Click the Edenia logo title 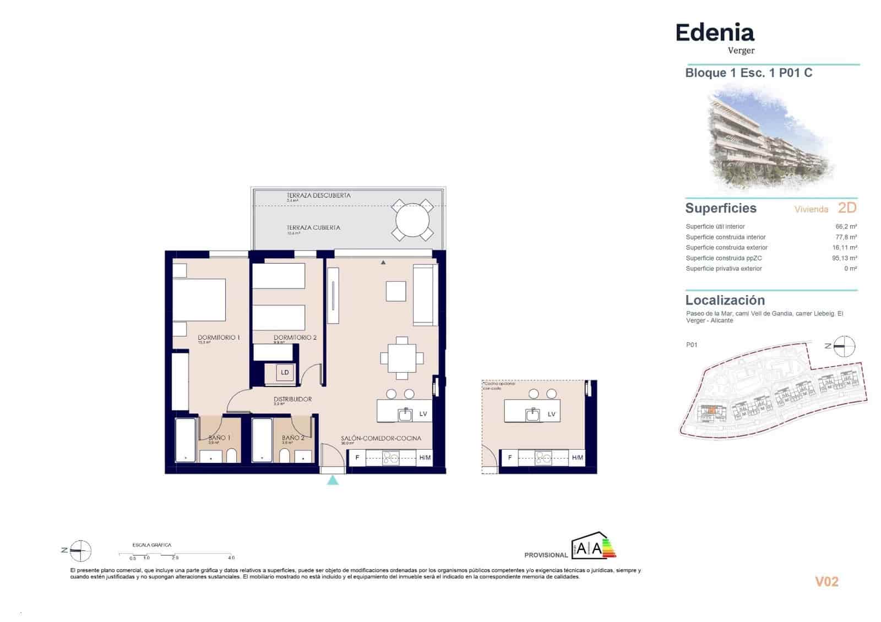[x=714, y=33]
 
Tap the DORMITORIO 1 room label [x=219, y=337]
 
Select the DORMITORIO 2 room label [x=295, y=337]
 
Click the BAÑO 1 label [x=219, y=438]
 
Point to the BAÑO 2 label [x=293, y=438]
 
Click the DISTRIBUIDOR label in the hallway [x=293, y=399]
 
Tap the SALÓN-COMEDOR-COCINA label [x=380, y=438]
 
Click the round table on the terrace [x=412, y=220]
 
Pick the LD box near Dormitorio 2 [x=285, y=373]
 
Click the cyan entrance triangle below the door [x=333, y=480]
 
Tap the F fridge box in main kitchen [x=357, y=457]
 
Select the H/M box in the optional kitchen [x=577, y=457]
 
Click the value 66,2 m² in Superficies [x=846, y=226]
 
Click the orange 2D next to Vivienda [x=847, y=208]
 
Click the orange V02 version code [x=826, y=581]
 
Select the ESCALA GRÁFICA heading [x=151, y=545]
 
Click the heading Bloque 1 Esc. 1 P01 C [x=748, y=73]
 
